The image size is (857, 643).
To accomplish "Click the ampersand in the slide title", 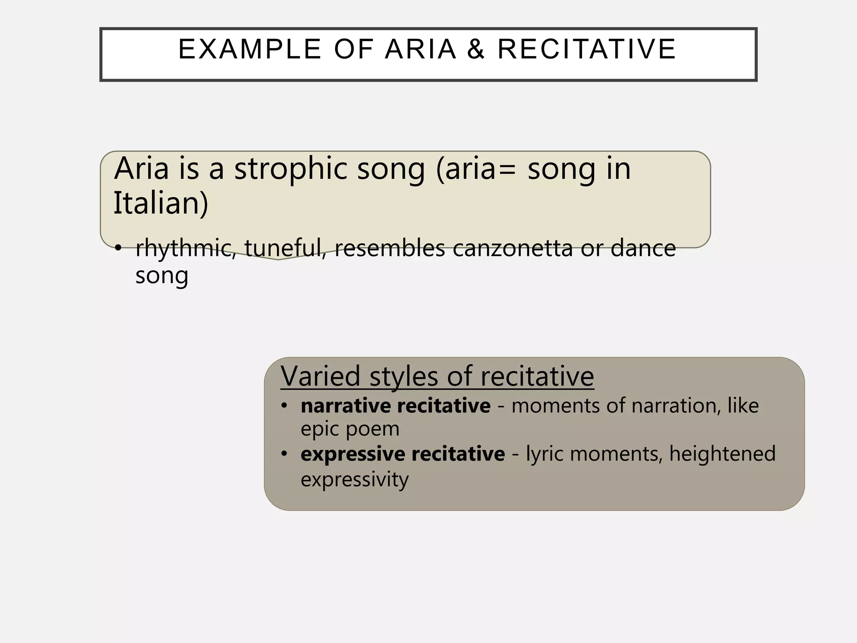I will pyautogui.click(x=476, y=49).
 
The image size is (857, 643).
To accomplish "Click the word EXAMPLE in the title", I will pyautogui.click(x=250, y=49).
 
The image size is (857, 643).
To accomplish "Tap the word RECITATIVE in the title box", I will pyautogui.click(x=587, y=49).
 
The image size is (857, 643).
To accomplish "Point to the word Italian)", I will pyautogui.click(x=161, y=203).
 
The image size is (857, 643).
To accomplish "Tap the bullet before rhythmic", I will pyautogui.click(x=118, y=248).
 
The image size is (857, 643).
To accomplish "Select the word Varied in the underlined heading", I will pyautogui.click(x=320, y=376).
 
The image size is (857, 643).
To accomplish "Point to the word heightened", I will pyautogui.click(x=722, y=454).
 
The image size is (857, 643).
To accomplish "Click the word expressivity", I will pyautogui.click(x=354, y=479).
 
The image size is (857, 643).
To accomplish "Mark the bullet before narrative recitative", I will pyautogui.click(x=285, y=406).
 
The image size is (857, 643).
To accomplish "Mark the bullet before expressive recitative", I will pyautogui.click(x=285, y=454).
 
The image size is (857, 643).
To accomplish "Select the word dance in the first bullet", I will pyautogui.click(x=643, y=248).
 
